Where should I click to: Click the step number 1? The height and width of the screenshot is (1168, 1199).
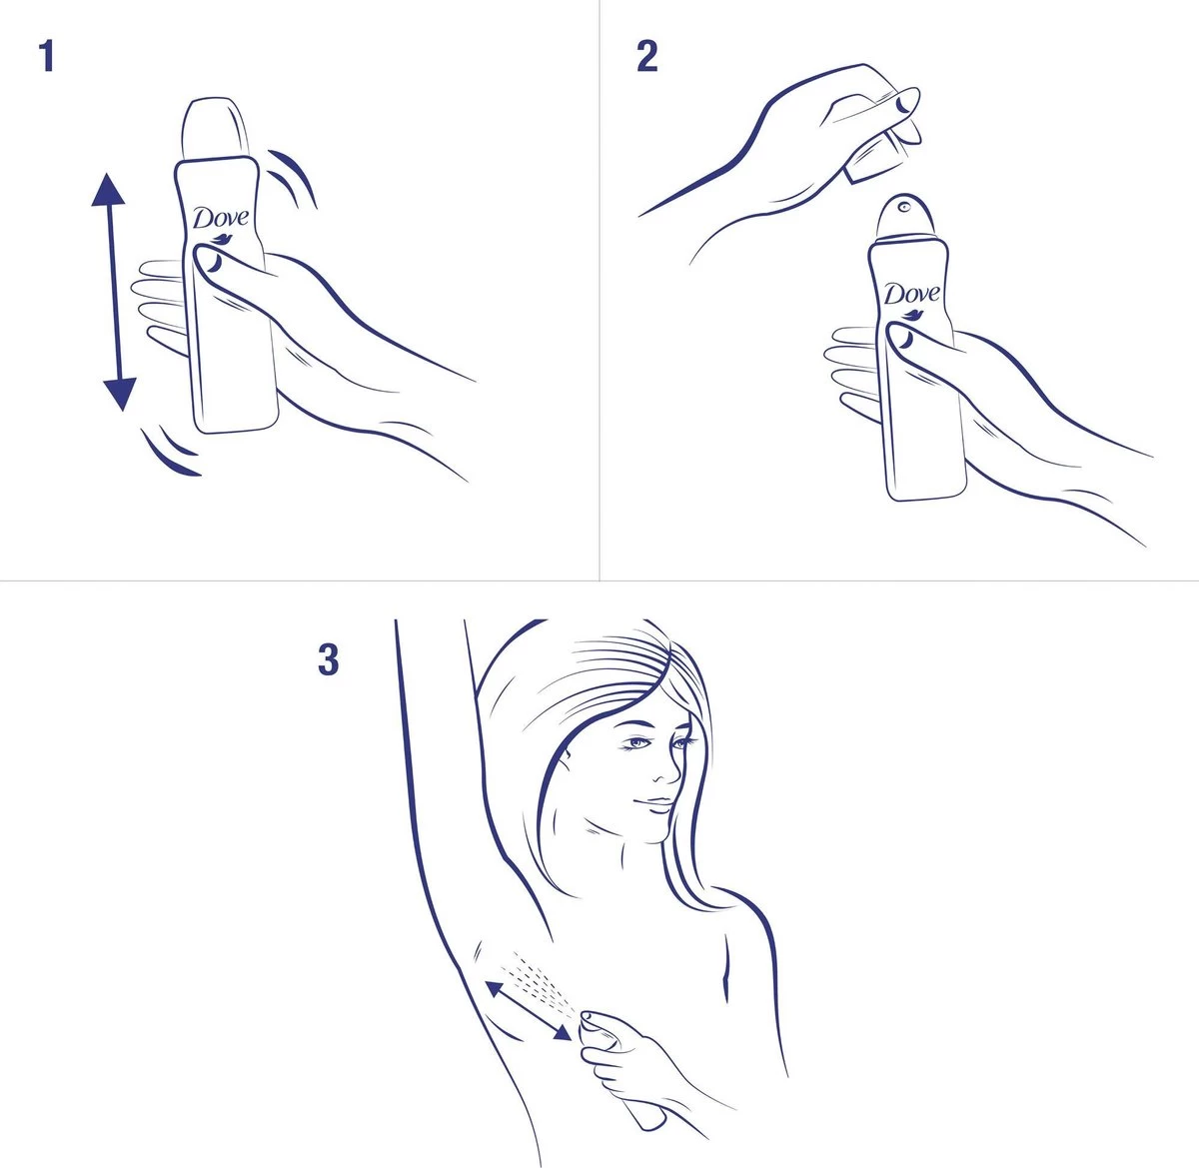click(45, 56)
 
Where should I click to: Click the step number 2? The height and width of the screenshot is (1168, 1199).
click(647, 56)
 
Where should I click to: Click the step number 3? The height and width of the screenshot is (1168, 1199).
click(328, 660)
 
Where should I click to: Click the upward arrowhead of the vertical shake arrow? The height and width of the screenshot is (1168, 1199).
click(108, 190)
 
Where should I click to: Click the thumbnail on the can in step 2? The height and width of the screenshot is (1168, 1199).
click(901, 339)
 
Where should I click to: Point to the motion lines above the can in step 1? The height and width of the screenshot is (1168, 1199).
click(293, 176)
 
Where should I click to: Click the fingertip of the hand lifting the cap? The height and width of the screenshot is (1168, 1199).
click(906, 100)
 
